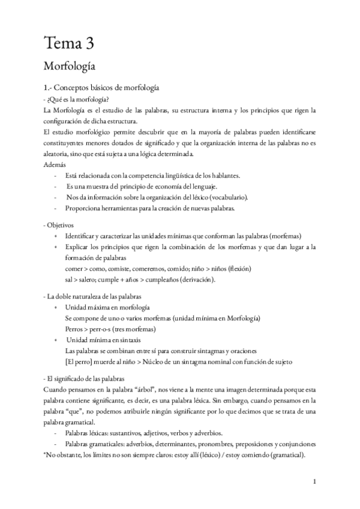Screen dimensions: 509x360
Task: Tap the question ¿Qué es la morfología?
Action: (x=77, y=100)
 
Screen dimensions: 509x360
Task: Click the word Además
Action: (x=54, y=164)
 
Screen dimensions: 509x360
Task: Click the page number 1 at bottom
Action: (x=314, y=481)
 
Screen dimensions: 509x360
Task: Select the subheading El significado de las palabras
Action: (x=85, y=379)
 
